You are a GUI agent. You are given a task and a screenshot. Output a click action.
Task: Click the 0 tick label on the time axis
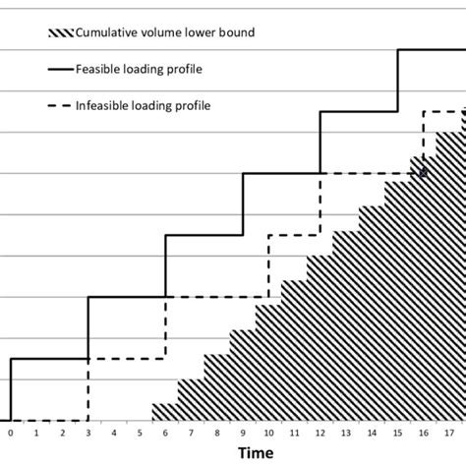tap(11, 432)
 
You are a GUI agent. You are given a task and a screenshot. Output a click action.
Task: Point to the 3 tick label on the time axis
tap(88, 432)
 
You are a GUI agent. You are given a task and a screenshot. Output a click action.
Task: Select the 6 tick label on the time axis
tap(165, 432)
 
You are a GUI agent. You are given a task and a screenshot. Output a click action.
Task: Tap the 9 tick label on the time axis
tap(243, 432)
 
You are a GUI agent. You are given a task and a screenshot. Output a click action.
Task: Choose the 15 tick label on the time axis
tap(397, 432)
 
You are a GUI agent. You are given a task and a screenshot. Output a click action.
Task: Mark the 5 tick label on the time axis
tap(140, 432)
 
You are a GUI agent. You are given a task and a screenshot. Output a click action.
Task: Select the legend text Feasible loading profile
tap(149, 68)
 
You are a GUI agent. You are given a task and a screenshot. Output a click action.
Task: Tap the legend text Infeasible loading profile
tap(155, 103)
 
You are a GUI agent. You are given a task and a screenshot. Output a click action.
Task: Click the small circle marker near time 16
tap(424, 173)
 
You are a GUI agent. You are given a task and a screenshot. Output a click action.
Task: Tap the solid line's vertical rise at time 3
tap(88, 327)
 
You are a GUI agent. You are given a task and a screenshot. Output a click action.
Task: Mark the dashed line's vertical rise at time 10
tap(268, 265)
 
